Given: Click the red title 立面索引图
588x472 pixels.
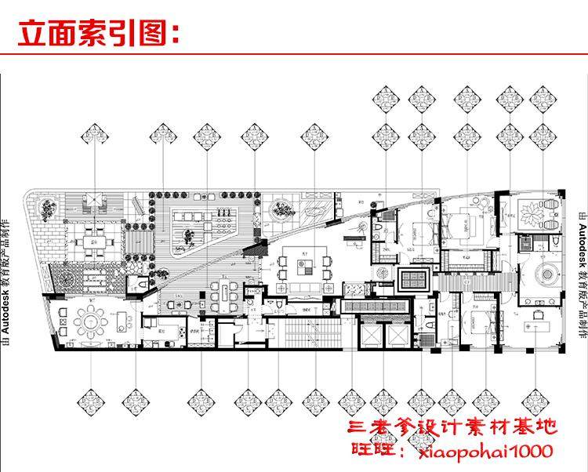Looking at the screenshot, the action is [x=98, y=34].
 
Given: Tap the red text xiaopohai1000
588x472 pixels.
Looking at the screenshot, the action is [x=482, y=451].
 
